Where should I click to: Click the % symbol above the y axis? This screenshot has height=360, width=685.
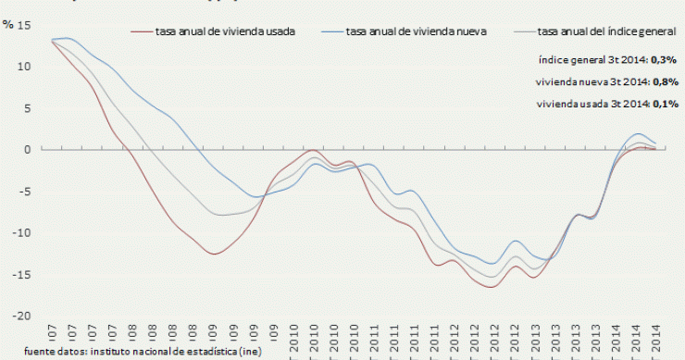(8, 24)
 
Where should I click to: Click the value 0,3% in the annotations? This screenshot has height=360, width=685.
(665, 59)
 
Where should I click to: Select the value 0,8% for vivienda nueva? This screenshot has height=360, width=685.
(665, 81)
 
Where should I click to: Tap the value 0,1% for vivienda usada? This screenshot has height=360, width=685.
(665, 104)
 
